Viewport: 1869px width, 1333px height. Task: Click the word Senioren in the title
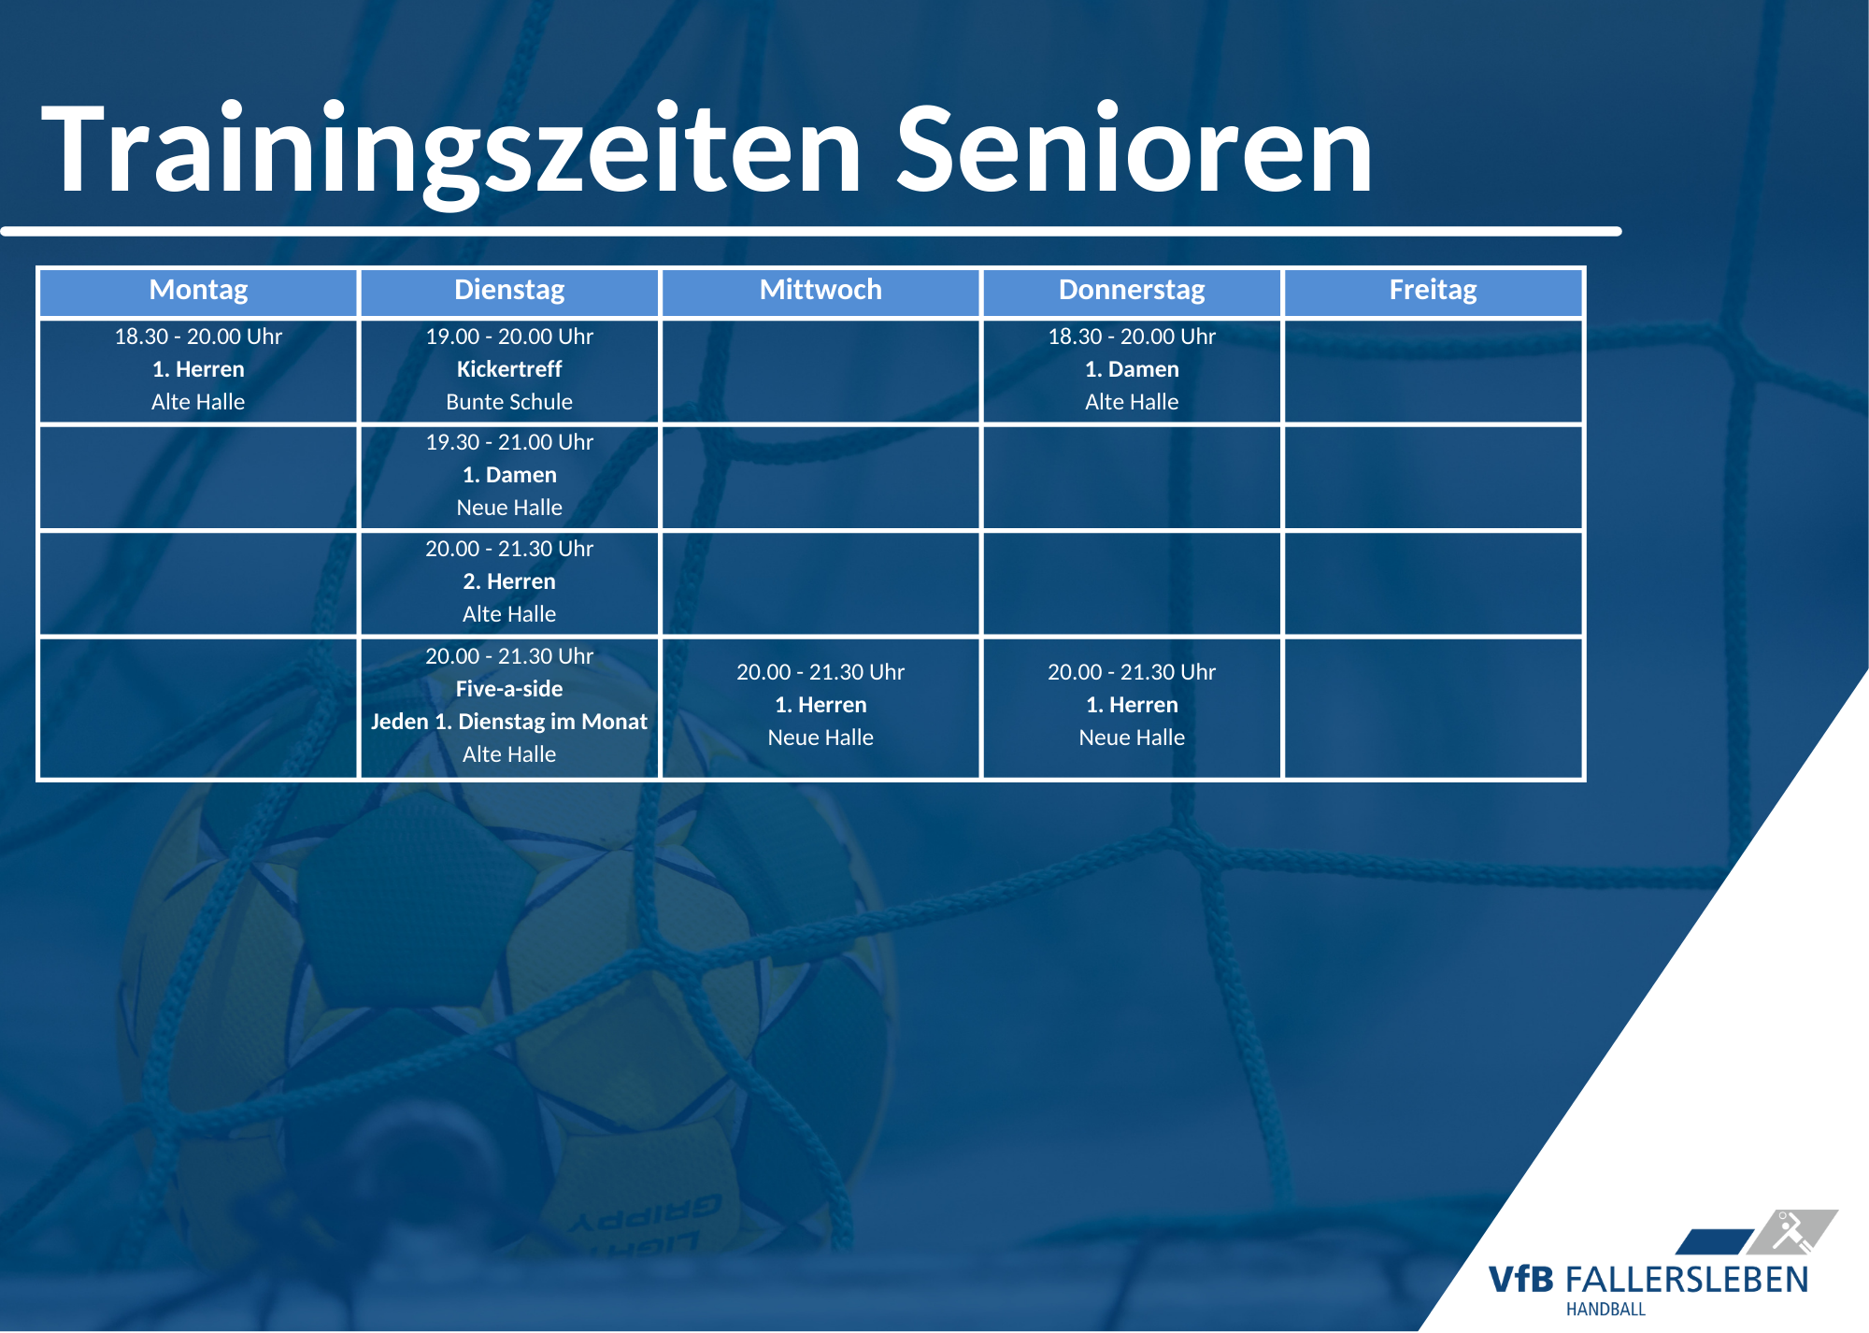pos(1134,150)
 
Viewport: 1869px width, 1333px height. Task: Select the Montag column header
pos(198,292)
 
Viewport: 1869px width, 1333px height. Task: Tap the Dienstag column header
pos(509,292)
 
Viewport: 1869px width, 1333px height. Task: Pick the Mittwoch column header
pos(820,292)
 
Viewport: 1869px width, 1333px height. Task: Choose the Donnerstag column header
pos(1132,292)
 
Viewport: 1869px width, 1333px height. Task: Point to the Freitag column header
pos(1433,292)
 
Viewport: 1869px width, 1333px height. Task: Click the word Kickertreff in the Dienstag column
pos(509,369)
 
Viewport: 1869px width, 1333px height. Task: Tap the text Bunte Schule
pos(509,402)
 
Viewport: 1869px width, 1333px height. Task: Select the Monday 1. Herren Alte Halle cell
pos(198,371)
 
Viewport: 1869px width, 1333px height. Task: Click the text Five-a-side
pos(509,689)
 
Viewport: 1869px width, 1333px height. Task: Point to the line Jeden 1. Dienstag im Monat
pos(509,722)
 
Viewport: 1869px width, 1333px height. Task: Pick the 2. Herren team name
pos(509,581)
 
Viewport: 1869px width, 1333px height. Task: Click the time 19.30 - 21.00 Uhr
pos(509,442)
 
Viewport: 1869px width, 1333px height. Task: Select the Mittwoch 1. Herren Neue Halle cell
pos(820,708)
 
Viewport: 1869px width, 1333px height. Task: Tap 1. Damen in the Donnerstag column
pos(1132,369)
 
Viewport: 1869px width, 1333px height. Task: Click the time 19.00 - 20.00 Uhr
pos(509,337)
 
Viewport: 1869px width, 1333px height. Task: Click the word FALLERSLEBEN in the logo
pos(1687,1280)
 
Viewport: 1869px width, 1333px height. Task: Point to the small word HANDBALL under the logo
pos(1605,1310)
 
